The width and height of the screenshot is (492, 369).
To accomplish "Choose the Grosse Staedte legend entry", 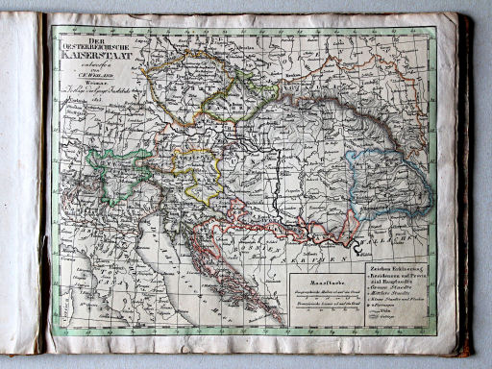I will click(x=394, y=286).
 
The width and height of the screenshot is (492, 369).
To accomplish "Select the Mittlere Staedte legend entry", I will click(x=394, y=295).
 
